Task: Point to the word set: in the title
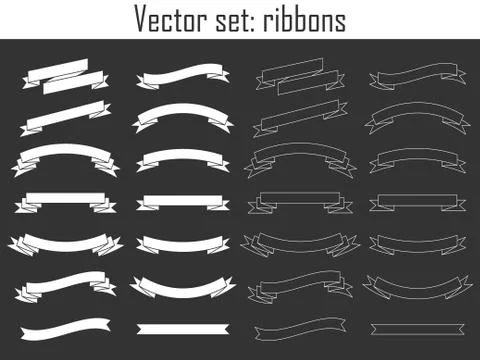(243, 19)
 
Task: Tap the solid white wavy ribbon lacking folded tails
(66, 326)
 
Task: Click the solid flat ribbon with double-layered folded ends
(64, 201)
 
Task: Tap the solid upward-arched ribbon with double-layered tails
(64, 156)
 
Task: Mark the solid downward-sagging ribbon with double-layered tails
(64, 243)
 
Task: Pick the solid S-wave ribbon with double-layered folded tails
(64, 285)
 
